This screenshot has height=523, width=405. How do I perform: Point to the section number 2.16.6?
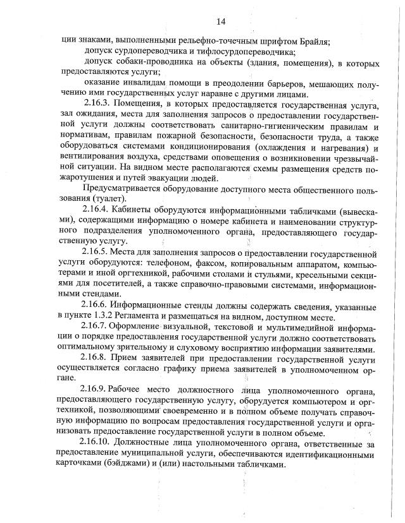click(x=98, y=303)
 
